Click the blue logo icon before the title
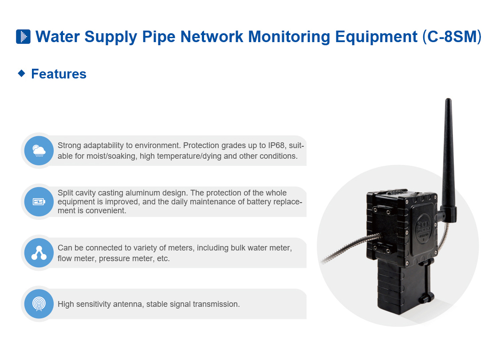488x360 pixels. [x=23, y=36]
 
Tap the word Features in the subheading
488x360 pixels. [x=59, y=74]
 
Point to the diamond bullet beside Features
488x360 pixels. [x=21, y=73]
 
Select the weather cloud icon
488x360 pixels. [x=39, y=151]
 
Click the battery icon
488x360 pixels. [x=39, y=202]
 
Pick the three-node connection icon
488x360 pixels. [x=39, y=253]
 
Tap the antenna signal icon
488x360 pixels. [x=39, y=304]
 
